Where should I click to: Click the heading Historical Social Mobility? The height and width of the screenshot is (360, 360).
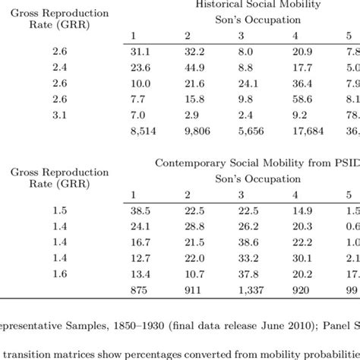click(259, 5)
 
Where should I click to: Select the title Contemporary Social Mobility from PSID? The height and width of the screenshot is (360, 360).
click(259, 163)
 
